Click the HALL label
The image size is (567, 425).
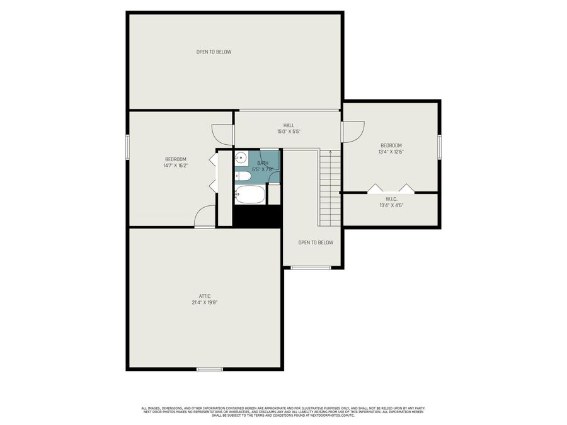tap(289, 125)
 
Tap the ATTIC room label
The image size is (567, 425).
tap(205, 296)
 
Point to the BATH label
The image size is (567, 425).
tap(262, 163)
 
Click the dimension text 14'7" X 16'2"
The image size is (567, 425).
tap(176, 166)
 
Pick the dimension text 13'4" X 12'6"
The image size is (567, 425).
tap(391, 152)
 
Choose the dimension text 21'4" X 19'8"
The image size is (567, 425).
tap(205, 303)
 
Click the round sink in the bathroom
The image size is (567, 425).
tap(241, 157)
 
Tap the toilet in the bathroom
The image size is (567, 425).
tap(241, 176)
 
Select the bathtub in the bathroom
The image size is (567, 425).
tap(250, 195)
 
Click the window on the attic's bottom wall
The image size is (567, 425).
tap(209, 369)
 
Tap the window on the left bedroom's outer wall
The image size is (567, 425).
tap(128, 147)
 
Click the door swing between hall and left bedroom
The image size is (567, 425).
tap(222, 133)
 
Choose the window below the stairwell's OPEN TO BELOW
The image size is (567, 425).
tap(310, 268)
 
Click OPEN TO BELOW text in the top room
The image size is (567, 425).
tap(214, 52)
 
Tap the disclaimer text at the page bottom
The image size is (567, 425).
tap(283, 412)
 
